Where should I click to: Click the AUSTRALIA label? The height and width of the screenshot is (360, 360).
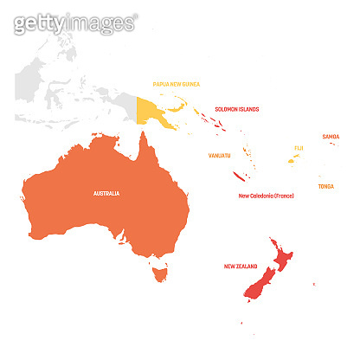point(106,193)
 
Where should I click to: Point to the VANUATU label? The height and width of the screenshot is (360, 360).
point(220,156)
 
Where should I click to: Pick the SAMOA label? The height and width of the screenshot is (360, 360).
point(331,137)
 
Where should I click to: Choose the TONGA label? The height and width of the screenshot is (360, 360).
point(325,186)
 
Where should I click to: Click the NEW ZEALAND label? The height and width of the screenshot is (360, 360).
point(241,267)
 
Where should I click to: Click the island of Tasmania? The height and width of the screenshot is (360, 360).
point(157,274)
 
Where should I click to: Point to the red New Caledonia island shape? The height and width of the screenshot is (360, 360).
point(240,176)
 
